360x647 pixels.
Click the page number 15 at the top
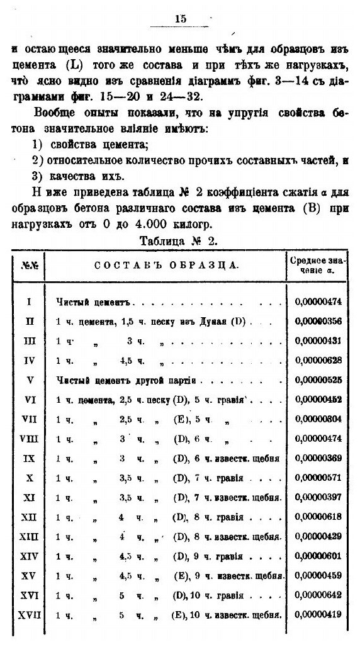pos(181,20)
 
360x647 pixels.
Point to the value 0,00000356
pos(318,322)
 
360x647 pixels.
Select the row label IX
pos(29,459)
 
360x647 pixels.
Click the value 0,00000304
pos(318,420)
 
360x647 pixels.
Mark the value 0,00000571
pos(318,479)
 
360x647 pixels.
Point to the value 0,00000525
pos(318,380)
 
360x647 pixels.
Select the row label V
pos(29,380)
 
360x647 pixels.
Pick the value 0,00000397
pos(318,498)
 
